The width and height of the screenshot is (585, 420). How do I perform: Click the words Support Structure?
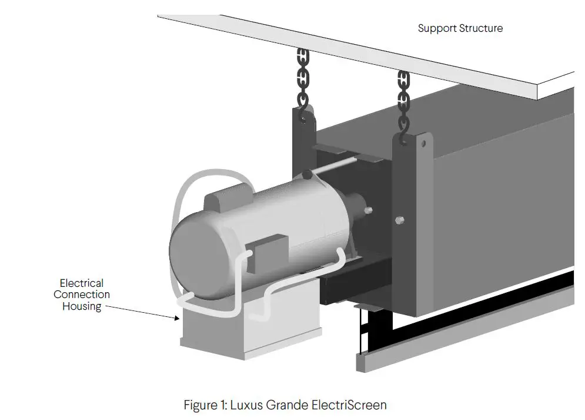460,28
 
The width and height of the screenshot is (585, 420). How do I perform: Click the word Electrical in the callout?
82,283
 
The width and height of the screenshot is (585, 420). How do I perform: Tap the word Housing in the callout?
82,306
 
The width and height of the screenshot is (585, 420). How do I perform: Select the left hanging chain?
303,77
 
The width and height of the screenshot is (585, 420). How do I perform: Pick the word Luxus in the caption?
248,405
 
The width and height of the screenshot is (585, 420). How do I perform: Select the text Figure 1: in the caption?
205,405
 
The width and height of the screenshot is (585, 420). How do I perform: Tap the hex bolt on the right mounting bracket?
399,221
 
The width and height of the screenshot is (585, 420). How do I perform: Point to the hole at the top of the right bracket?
423,143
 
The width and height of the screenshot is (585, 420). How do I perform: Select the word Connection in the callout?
82,295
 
